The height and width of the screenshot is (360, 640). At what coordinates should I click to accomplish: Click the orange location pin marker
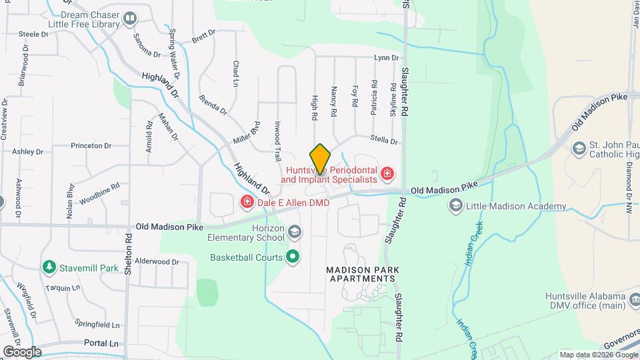point(320,159)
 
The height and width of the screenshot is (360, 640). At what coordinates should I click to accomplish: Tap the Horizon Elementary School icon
point(295,232)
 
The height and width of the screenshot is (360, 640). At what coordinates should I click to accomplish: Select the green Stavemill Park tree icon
point(49,268)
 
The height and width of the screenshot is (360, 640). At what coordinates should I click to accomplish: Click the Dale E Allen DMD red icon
point(247,201)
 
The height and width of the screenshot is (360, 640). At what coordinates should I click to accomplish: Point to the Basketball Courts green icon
point(292,257)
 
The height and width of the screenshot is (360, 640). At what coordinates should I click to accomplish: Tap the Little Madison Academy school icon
point(455,206)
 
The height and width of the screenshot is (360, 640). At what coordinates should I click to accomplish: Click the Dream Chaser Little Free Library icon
point(130,18)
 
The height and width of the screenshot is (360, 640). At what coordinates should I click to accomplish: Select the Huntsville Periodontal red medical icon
point(387,175)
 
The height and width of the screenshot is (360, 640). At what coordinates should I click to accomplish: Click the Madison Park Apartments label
point(363,274)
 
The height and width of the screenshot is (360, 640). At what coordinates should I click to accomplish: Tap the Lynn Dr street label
point(386,58)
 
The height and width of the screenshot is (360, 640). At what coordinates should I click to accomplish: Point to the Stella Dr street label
point(385,141)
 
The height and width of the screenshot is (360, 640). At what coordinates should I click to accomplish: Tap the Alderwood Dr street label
point(157,262)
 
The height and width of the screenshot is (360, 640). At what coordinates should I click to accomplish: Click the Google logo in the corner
point(22,351)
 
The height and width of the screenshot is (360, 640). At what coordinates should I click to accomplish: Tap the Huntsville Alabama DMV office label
point(585,301)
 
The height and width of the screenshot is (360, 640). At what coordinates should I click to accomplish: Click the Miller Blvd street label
point(245,132)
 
